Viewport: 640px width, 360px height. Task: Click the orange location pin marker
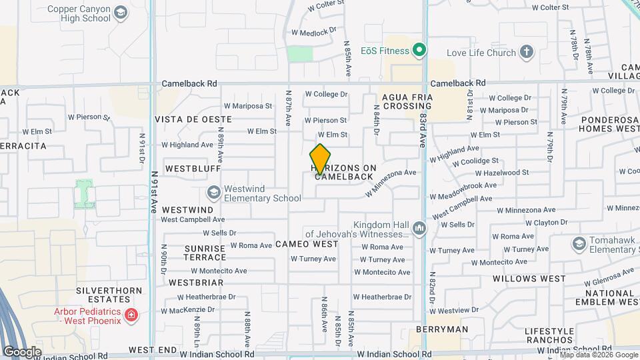point(321,159)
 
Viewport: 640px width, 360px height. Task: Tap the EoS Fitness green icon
point(419,49)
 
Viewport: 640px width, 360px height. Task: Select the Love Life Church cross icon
point(527,52)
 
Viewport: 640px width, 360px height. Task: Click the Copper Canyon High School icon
point(120,13)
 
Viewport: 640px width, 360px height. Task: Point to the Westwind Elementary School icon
point(214,193)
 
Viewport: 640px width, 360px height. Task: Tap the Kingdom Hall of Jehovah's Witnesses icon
point(419,229)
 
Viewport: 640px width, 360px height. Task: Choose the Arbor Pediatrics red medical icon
point(131,315)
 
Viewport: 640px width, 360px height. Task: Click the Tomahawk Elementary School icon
point(578,244)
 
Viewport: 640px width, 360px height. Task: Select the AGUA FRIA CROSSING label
point(407,101)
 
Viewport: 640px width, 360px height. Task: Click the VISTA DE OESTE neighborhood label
point(193,119)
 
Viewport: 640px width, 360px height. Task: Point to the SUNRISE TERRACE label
point(205,253)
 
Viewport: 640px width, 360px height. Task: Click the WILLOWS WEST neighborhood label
point(529,279)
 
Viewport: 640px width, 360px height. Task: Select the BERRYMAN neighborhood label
point(442,329)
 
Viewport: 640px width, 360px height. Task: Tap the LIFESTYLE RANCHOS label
point(549,336)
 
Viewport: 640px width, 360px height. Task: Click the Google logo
point(22,352)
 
